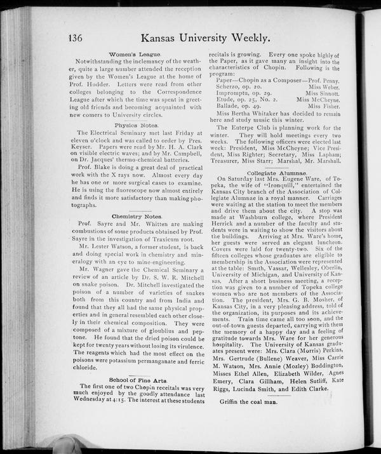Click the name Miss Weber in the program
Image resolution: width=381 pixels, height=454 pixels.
pos(324,86)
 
